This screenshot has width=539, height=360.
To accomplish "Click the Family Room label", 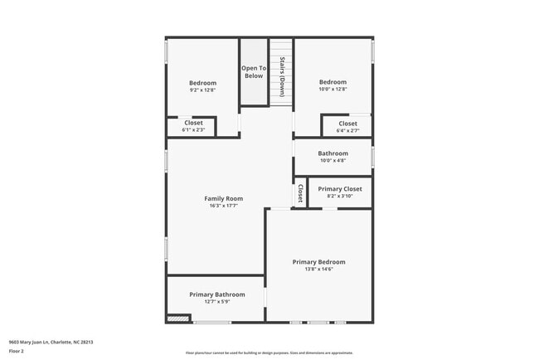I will coord(224,198).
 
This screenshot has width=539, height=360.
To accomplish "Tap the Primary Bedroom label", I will coord(318,262).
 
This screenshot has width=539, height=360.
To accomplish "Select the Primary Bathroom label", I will coord(216,294).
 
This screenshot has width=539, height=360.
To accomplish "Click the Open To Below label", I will coord(254,72).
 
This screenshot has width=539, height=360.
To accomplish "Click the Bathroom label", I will coord(333,153).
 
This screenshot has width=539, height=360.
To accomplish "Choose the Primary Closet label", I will coord(340,189).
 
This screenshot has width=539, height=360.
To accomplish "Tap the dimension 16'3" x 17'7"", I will coord(224,206).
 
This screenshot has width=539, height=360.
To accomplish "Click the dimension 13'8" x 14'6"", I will coord(318,270).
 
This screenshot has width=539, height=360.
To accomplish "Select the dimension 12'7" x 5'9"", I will coord(216,302).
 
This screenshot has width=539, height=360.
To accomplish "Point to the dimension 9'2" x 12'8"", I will coord(202,90).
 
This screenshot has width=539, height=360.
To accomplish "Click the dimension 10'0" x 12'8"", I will coord(333,89).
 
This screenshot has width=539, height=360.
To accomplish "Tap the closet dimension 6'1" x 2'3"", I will coord(193,130).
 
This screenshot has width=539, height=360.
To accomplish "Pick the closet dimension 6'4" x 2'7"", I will coord(348,130).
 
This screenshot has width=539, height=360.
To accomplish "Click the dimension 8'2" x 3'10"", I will coord(340,197).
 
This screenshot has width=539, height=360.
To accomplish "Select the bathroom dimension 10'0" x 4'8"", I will coord(333,161).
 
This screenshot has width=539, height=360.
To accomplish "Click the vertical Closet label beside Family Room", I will coord(300,193).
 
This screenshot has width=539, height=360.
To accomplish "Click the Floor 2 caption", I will coord(17,351).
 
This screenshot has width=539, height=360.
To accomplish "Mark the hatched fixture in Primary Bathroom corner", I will coord(177,318).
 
